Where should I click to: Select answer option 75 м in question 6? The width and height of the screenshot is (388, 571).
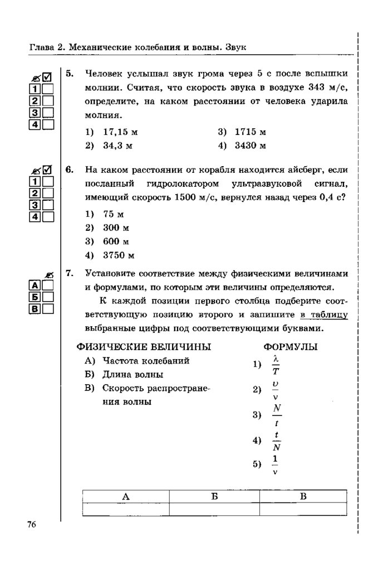[x=112, y=214]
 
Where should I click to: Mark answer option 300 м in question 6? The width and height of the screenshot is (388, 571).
[x=116, y=228]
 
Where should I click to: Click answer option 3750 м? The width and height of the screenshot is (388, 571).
[x=119, y=256]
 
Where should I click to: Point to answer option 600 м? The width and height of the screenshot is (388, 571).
[x=116, y=242]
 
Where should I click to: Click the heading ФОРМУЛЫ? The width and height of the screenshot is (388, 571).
[x=291, y=347]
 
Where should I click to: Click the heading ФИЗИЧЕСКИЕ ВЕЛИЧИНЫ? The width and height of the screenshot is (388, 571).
[x=144, y=347]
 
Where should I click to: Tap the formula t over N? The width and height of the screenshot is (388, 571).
[x=276, y=441]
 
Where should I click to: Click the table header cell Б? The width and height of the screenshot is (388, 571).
[x=214, y=496]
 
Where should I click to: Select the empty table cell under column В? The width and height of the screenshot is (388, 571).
[x=303, y=509]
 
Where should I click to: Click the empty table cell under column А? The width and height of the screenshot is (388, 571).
[x=126, y=509]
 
